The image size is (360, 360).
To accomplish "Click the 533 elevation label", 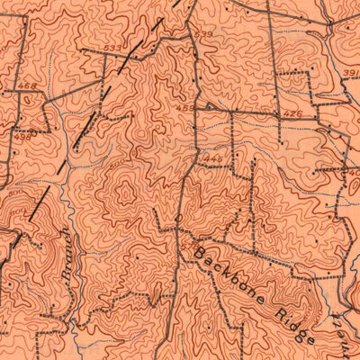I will click(112, 48).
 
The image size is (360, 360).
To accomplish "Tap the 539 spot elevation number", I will click(204, 35).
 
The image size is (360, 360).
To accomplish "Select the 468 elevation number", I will click(25, 86).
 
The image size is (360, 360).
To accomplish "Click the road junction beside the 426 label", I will click(277, 114).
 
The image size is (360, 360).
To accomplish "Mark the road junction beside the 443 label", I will click(196, 157).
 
